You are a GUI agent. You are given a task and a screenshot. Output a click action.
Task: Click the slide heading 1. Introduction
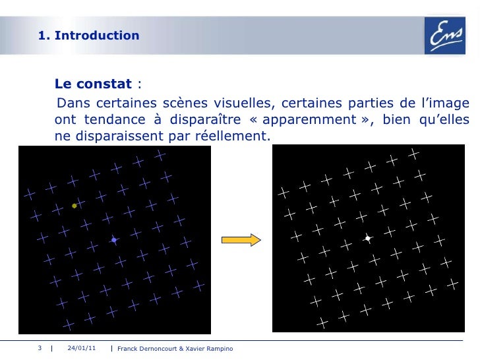click(x=89, y=36)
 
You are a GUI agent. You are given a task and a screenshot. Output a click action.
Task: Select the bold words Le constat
click(x=94, y=84)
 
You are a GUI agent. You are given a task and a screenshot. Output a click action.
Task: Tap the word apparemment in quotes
click(x=313, y=120)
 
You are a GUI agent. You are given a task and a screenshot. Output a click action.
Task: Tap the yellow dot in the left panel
click(x=75, y=206)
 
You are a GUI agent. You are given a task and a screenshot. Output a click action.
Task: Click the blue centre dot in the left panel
click(x=114, y=241)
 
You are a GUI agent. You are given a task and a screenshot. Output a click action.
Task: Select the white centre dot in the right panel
click(x=368, y=237)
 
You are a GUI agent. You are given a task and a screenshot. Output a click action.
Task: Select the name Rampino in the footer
click(x=218, y=348)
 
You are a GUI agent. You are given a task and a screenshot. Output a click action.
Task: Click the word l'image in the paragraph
click(x=445, y=104)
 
